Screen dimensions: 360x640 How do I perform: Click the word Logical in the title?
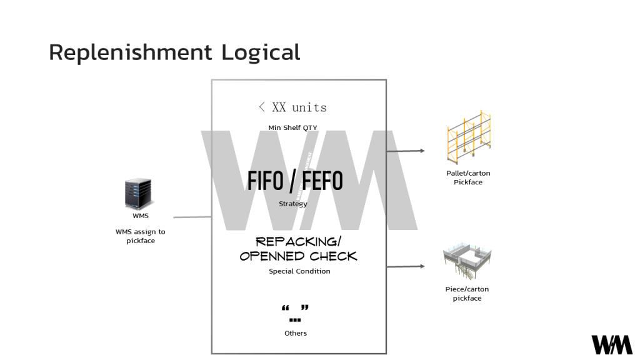261,52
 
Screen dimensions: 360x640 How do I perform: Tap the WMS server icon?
138,194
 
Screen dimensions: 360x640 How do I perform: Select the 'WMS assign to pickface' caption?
141,236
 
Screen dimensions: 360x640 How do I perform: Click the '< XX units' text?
292,107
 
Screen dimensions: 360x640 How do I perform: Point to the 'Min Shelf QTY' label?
292,127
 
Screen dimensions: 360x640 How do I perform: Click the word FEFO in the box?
322,181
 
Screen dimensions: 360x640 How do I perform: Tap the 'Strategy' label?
292,204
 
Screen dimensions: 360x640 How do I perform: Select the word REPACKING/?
299,241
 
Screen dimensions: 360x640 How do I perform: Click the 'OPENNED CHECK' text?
299,256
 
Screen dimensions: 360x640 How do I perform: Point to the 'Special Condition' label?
299,271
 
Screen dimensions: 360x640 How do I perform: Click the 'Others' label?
296,333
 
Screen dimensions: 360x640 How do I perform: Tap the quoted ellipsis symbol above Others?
296,313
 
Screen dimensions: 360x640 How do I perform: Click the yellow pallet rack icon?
469,139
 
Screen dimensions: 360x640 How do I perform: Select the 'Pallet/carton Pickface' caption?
468,177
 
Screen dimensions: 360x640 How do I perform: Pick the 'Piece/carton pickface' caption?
467,294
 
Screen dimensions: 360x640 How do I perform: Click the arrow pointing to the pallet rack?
406,151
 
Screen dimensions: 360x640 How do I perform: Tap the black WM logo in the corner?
612,344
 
